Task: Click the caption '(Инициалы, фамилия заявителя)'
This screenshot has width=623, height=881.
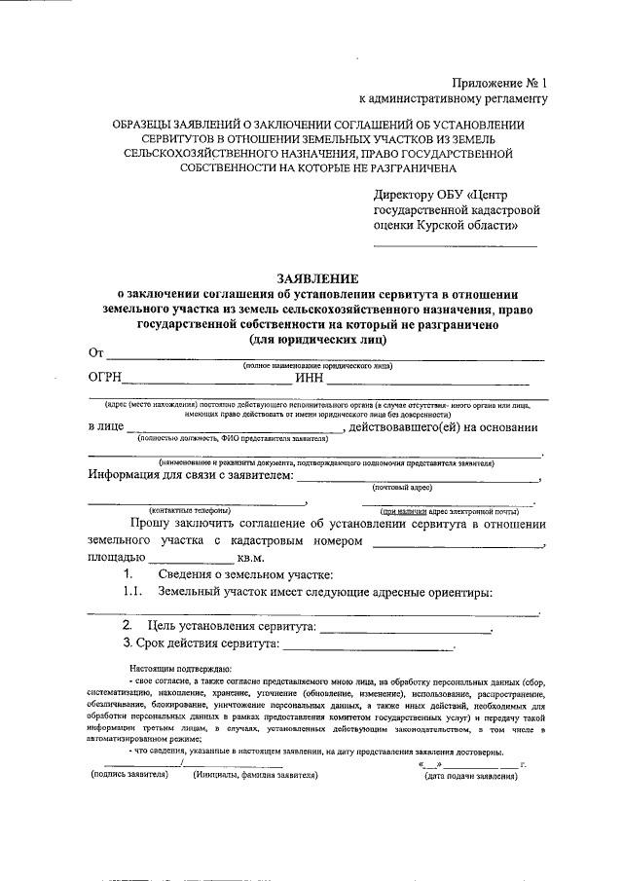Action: click(x=255, y=776)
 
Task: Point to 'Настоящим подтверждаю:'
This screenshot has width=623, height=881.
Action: click(x=179, y=670)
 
